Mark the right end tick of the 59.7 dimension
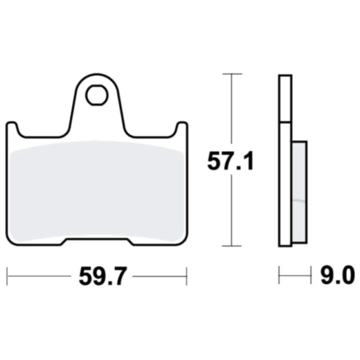tap(187, 277)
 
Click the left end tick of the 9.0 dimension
tap(279, 277)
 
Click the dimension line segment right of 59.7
tap(159, 277)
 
